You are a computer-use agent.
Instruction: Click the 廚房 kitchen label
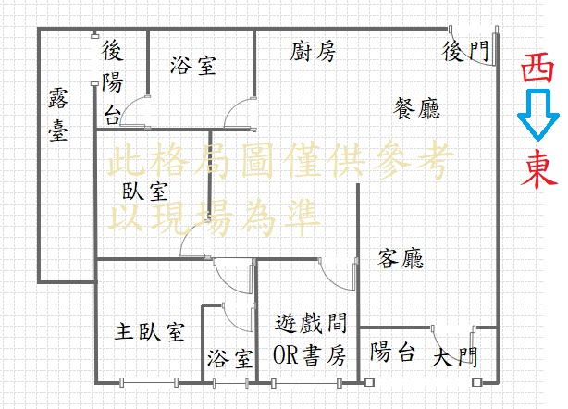313,52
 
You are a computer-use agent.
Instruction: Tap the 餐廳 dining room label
417,108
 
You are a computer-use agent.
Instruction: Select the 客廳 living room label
401,258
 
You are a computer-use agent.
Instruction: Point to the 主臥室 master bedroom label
150,331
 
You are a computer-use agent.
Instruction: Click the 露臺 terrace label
58,114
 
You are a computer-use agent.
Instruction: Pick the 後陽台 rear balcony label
112,82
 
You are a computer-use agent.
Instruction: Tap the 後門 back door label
465,51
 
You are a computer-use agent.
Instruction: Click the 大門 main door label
455,357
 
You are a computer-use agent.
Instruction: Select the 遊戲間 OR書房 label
310,339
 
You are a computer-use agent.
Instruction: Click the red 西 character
537,68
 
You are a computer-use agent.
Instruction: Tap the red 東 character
537,169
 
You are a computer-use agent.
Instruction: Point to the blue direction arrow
538,115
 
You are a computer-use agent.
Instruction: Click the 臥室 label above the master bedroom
145,191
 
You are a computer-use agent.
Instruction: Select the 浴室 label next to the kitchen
193,66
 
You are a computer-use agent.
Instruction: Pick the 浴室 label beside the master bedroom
229,358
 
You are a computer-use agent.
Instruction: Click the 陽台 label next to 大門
392,352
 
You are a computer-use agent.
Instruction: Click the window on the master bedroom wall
149,382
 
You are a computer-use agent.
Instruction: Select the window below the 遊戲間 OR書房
306,383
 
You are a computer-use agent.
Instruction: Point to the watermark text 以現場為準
214,217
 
